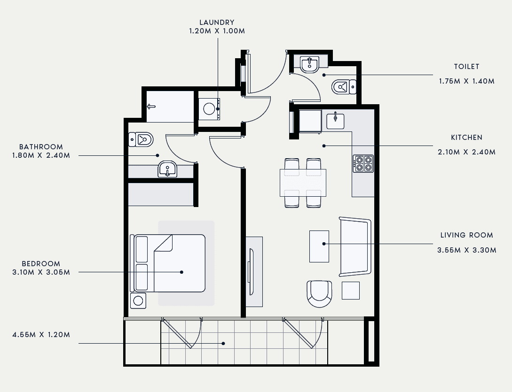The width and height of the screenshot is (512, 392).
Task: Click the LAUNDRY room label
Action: pos(217,23)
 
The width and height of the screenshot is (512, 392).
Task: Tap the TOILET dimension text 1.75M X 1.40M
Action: pos(466,81)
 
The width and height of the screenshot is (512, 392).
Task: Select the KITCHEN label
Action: pos(466,138)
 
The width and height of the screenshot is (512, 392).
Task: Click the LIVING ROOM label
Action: pos(466,235)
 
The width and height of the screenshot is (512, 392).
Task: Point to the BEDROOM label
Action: pos(41,264)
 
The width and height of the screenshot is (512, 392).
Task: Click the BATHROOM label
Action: pos(41,147)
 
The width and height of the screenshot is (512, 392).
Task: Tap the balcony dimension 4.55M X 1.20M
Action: pos(41,335)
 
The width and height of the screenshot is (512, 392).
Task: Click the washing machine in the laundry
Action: pos(209,109)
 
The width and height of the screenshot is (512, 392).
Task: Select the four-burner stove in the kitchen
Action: pos(363,163)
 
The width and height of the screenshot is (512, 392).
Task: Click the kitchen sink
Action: pos(335,121)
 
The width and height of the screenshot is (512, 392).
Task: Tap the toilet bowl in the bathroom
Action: pos(141,140)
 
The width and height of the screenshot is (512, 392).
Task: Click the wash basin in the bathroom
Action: pos(167,169)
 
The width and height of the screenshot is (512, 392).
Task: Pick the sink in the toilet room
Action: pos(309,65)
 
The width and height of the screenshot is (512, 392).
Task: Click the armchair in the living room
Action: pos(319,294)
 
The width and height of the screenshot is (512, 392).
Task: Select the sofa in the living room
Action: pos(355,247)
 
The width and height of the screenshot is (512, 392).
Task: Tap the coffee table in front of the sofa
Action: pos(319,246)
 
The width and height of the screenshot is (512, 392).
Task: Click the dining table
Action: pos(303,183)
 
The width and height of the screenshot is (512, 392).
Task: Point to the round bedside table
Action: pos(138,300)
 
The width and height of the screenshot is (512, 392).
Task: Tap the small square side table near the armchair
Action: pos(351,291)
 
